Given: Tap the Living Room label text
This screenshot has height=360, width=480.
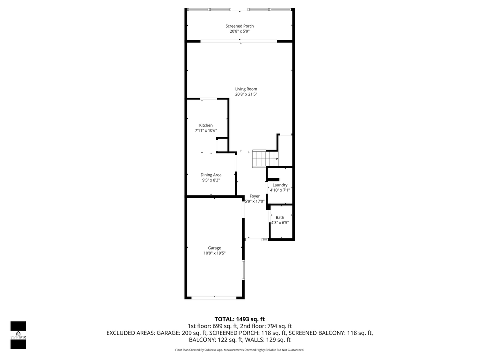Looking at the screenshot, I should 246,89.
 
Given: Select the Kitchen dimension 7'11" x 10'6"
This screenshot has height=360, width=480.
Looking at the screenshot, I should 206,131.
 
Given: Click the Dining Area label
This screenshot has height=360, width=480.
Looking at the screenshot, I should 211,175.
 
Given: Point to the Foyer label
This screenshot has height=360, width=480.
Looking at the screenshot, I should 255,196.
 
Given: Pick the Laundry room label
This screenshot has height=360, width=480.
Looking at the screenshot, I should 280,185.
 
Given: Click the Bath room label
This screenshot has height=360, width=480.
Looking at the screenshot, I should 280,217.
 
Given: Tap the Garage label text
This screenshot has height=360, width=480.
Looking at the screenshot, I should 214,248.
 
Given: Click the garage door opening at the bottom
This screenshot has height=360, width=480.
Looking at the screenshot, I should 215,298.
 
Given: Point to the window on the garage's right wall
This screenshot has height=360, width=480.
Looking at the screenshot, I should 244,270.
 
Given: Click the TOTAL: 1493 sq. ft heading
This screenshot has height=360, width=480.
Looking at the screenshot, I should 239,319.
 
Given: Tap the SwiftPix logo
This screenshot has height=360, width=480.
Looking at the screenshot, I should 18,335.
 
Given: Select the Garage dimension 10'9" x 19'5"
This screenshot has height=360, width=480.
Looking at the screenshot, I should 214,253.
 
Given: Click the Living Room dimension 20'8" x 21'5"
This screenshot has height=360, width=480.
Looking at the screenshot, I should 246,94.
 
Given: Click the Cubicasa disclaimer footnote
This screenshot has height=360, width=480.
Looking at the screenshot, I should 239,350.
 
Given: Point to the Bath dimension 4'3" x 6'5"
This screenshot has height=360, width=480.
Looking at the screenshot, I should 279,223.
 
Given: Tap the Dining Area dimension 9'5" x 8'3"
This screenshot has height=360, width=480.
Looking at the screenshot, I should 211,180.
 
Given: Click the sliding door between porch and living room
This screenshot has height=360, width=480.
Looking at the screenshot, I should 239,41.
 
